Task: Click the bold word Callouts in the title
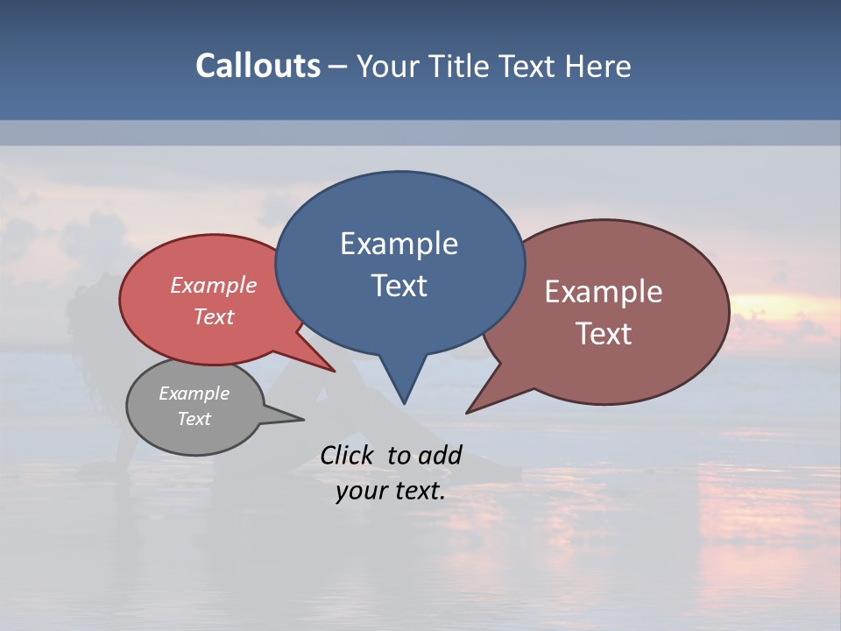(258, 66)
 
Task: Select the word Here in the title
(599, 66)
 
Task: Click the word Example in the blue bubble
(399, 244)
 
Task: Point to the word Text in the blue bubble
(399, 286)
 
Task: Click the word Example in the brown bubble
(604, 292)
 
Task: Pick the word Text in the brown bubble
(604, 334)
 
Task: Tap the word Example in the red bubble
(213, 285)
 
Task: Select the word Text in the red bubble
(213, 316)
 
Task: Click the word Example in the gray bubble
(194, 393)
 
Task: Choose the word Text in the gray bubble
(194, 419)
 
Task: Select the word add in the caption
(441, 455)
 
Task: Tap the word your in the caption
(361, 491)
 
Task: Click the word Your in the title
(386, 66)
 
